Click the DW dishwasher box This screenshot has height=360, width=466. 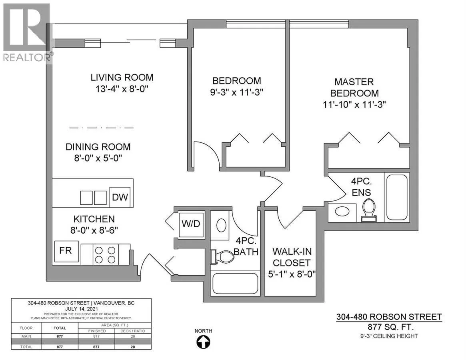[x=120, y=198]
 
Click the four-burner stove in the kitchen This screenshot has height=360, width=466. [x=104, y=254]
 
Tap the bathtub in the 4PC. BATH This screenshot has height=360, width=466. [x=234, y=284]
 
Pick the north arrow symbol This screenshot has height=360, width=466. [x=204, y=342]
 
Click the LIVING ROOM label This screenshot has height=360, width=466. [x=122, y=78]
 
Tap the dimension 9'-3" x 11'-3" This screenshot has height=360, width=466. [x=236, y=92]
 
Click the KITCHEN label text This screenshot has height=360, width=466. [x=94, y=219]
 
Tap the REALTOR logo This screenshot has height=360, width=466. [x=26, y=32]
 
